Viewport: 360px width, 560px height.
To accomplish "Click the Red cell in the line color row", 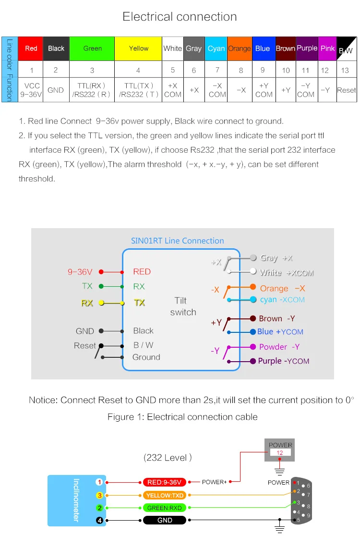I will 31,49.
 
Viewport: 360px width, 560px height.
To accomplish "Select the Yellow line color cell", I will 138,49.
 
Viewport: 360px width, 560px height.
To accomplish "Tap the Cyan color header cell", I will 216,49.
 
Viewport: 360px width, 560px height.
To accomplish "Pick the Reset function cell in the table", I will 347,90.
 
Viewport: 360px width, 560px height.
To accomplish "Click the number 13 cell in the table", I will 345,70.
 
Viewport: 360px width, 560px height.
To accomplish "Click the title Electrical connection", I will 180,17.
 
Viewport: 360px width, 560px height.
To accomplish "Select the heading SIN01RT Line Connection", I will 178,241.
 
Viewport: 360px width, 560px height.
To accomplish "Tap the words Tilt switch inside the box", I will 182,306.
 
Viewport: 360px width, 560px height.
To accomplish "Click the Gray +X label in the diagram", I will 276,258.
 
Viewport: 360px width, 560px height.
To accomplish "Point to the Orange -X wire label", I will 282,288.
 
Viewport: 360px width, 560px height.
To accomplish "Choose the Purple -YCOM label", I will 283,361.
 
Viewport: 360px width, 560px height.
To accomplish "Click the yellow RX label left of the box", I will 87,303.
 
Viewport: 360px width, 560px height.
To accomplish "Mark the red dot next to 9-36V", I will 101,272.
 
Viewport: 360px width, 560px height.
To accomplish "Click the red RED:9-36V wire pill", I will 164,482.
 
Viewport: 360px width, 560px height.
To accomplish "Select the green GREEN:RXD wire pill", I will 164,508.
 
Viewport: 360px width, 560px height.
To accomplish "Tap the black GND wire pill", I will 164,520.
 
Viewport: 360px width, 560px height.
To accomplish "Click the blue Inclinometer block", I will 76,500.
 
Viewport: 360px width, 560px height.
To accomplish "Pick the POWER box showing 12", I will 280,450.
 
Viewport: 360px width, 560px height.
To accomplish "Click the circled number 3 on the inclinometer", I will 99,495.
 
